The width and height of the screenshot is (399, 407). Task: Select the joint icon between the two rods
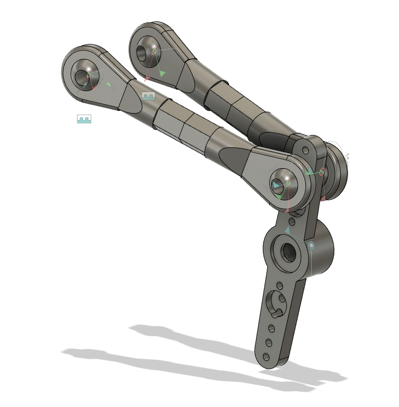point(148,96)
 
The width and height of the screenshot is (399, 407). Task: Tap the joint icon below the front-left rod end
point(84,118)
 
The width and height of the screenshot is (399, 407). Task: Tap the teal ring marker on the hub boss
point(311,245)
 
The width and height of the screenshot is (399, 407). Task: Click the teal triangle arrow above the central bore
point(288,230)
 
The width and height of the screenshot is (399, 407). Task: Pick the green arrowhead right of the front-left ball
point(109,84)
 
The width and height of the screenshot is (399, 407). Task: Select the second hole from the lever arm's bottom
point(268,341)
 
